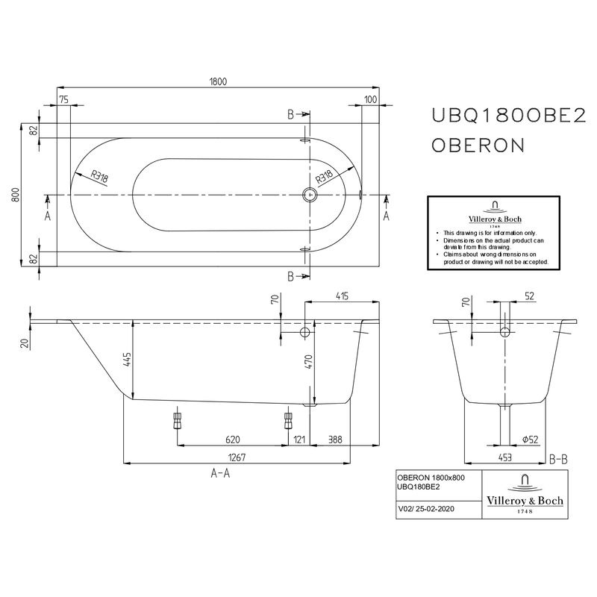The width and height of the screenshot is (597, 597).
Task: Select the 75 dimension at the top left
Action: [63, 99]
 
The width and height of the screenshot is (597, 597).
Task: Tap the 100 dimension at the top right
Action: [370, 99]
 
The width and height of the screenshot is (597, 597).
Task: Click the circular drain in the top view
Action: [310, 196]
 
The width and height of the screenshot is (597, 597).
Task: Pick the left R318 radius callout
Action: [99, 177]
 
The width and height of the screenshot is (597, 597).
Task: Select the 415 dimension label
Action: [343, 297]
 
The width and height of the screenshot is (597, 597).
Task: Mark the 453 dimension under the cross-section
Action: [506, 458]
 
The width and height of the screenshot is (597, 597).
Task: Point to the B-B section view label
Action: [559, 458]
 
